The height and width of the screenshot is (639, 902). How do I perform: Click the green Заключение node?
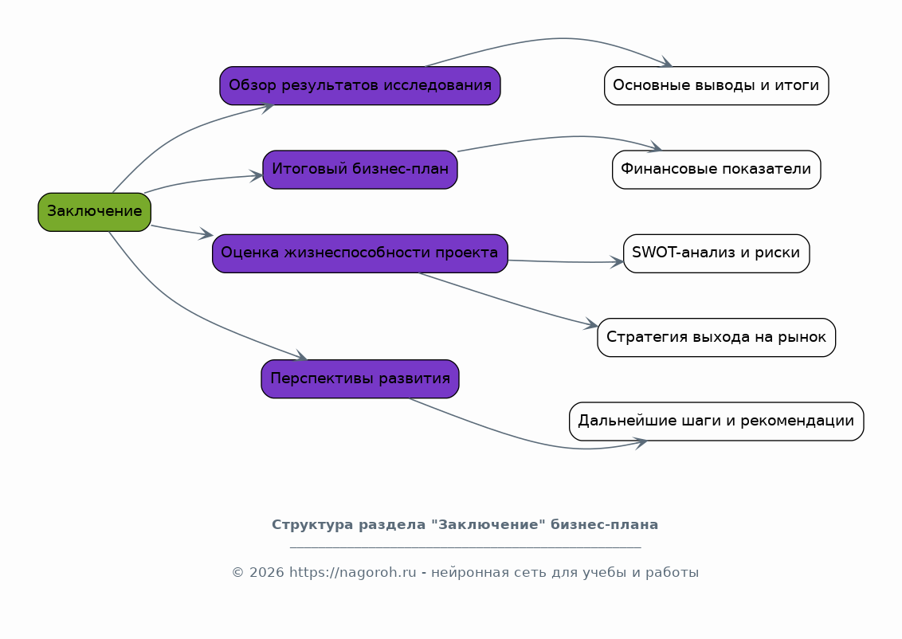[94, 212]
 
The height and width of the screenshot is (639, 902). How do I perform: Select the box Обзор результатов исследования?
[360, 86]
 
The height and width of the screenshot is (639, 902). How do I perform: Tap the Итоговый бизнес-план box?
[360, 170]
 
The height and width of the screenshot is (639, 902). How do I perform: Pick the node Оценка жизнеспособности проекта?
[360, 253]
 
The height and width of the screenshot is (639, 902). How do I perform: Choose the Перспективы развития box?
[360, 379]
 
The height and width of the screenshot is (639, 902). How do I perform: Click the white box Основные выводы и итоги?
[716, 86]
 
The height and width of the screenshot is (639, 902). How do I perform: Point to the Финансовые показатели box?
[716, 170]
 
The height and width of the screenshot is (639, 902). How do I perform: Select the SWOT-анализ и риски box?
[716, 253]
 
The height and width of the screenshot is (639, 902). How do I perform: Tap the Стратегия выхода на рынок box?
[716, 338]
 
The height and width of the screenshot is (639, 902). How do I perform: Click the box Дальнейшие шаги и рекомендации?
[716, 421]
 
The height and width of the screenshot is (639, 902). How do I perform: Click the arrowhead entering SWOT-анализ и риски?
[618, 262]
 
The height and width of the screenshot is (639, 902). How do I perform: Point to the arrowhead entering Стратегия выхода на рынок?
[591, 324]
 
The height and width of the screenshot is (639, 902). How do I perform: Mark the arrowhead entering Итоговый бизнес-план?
[257, 176]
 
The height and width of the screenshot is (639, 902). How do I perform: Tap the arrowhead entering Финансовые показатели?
[655, 147]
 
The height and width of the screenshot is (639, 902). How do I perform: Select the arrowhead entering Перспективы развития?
[301, 357]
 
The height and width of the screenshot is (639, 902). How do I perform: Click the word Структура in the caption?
[312, 524]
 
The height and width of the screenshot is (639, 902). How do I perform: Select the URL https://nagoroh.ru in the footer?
[352, 573]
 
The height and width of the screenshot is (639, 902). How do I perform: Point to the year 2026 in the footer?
[267, 573]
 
